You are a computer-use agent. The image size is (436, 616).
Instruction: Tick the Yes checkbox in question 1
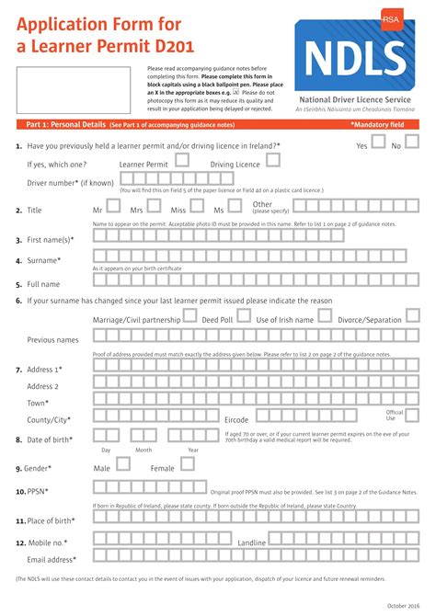[x=378, y=144]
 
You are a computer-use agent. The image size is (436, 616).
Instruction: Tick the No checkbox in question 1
[x=411, y=144]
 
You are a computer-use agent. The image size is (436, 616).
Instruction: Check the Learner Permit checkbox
[x=182, y=160]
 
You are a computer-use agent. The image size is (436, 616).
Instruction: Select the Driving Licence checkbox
[x=273, y=160]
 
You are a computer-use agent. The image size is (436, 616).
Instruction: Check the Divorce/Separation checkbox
[x=413, y=316]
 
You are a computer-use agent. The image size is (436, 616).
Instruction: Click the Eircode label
[x=236, y=419]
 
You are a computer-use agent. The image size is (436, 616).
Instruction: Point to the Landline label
[x=252, y=543]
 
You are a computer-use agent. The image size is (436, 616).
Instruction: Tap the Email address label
[x=52, y=559]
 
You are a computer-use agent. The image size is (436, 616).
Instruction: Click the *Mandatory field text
[x=376, y=124]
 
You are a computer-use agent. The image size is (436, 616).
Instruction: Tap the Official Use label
[x=395, y=416]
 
